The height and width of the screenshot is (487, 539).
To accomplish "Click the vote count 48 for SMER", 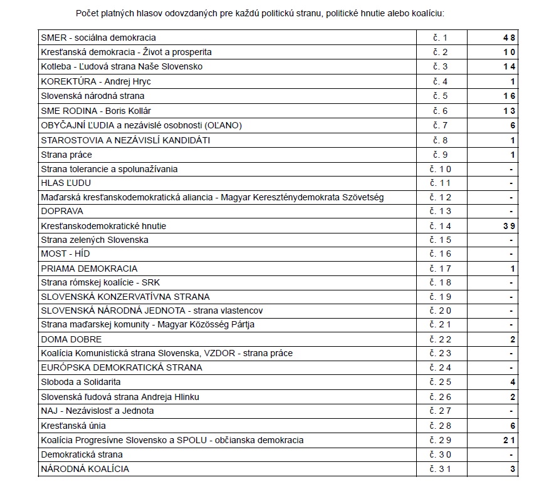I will pyautogui.click(x=508, y=38).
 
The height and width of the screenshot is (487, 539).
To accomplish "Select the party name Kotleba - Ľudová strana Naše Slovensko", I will pyautogui.click(x=130, y=66).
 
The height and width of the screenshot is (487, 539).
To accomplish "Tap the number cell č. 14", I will pyautogui.click(x=441, y=225).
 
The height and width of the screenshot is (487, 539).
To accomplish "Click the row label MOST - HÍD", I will pyautogui.click(x=65, y=254).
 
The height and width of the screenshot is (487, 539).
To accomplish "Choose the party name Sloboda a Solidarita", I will pyautogui.click(x=80, y=381).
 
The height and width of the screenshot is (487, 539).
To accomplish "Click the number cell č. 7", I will pyautogui.click(x=441, y=125).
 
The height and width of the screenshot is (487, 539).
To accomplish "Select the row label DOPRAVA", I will pyautogui.click(x=62, y=211).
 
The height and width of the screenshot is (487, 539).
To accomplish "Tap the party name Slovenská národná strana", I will pyautogui.click(x=92, y=96).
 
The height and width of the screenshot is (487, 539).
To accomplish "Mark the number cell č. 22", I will pyautogui.click(x=441, y=339).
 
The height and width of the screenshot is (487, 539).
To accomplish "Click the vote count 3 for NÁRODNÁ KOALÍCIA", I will pyautogui.click(x=512, y=469).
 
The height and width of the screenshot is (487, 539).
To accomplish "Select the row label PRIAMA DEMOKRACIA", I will pyautogui.click(x=89, y=269).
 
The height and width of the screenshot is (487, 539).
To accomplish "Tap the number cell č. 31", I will pyautogui.click(x=441, y=469).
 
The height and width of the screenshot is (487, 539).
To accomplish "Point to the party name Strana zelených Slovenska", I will pyautogui.click(x=95, y=240).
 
